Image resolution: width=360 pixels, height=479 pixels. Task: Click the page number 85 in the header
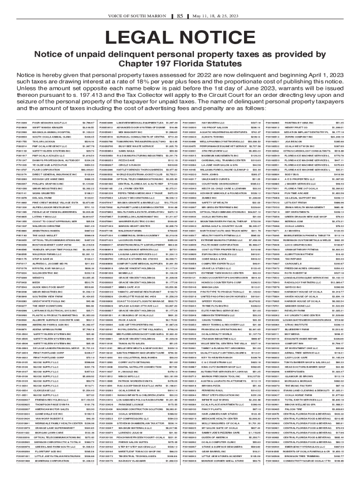point(180,4)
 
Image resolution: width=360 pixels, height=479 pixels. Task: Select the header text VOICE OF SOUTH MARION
point(141,4)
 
